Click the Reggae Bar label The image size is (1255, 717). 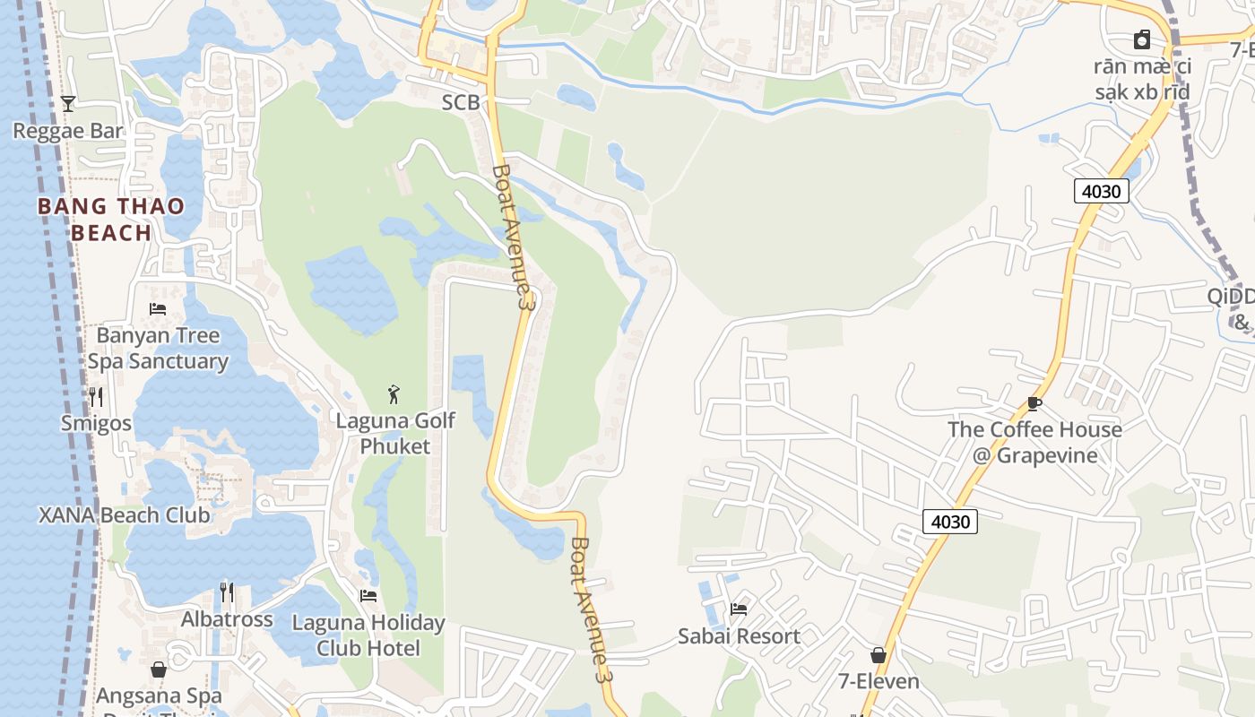tap(68, 131)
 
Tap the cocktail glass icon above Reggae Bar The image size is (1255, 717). tap(68, 104)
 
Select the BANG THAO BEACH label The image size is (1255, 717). tap(111, 220)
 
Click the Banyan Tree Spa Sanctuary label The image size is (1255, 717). tap(158, 349)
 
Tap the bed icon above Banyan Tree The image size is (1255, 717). tap(158, 309)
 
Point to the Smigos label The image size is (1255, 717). tap(96, 423)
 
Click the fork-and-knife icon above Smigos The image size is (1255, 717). tap(96, 396)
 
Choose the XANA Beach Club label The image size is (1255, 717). tap(124, 515)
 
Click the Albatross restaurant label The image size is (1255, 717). tap(227, 619)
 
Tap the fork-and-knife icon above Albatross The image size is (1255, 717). tap(227, 592)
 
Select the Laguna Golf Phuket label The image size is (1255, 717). tap(395, 433)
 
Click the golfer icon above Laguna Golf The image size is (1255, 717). tap(394, 394)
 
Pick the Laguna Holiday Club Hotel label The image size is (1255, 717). tap(368, 635)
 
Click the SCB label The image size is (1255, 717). tap(461, 102)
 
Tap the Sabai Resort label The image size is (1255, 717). tap(739, 636)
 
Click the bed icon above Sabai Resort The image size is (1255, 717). tap(739, 609)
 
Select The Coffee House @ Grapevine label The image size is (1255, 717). tap(1034, 442)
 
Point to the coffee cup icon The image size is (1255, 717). tap(1034, 403)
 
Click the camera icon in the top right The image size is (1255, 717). tap(1142, 40)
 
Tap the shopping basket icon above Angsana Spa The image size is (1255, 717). tap(159, 669)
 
